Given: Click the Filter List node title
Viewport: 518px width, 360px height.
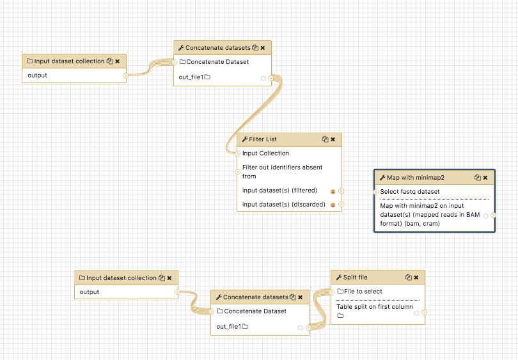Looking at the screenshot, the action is [x=263, y=139].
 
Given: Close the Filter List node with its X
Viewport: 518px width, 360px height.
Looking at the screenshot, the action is [x=333, y=139].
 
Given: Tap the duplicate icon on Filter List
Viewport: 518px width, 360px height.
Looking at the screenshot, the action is [x=325, y=139].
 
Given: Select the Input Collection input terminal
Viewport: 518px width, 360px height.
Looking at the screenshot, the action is [x=237, y=153].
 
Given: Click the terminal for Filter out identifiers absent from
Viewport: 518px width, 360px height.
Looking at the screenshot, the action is [x=237, y=172].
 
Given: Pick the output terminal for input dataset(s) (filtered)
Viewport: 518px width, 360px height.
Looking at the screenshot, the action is [x=341, y=191].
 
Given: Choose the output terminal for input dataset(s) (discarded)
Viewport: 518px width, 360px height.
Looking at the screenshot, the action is [x=341, y=205].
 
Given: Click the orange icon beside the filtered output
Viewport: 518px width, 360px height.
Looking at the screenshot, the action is [x=333, y=191].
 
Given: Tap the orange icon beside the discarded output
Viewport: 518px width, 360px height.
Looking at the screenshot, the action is [x=333, y=205].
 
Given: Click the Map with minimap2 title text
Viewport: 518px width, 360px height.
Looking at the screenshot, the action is [x=416, y=178].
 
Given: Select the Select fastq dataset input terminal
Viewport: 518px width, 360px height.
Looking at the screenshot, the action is [x=375, y=192].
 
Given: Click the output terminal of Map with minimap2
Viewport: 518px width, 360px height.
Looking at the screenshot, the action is [x=493, y=215].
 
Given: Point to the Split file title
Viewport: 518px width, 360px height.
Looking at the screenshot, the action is [x=355, y=278].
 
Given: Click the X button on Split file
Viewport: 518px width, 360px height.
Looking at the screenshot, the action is [x=416, y=278].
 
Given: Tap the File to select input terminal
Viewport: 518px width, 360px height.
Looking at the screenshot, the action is [x=332, y=292].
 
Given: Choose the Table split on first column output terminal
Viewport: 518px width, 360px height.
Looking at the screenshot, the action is [x=424, y=312].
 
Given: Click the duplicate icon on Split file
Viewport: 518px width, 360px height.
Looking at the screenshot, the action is [x=408, y=278].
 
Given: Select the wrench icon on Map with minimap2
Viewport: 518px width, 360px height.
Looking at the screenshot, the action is [x=382, y=178].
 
